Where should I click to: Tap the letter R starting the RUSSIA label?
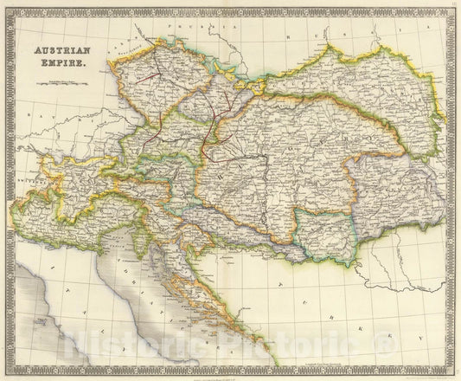pyautogui.click(x=299, y=36)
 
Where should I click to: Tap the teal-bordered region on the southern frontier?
pyautogui.click(x=323, y=232)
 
